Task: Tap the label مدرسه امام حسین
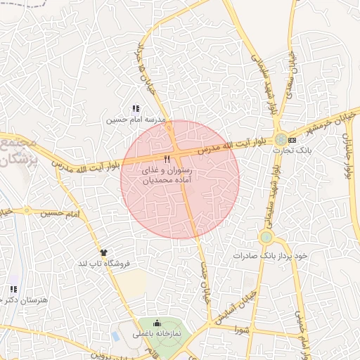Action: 136,120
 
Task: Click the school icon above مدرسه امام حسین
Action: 136,109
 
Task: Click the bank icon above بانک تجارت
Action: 292,141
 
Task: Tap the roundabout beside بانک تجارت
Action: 281,139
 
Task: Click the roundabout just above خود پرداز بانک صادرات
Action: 266,237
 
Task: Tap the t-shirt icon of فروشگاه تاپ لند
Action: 104,252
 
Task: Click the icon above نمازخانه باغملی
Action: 156,323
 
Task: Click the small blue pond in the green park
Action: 115,336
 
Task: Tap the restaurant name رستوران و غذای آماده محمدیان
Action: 167,176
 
